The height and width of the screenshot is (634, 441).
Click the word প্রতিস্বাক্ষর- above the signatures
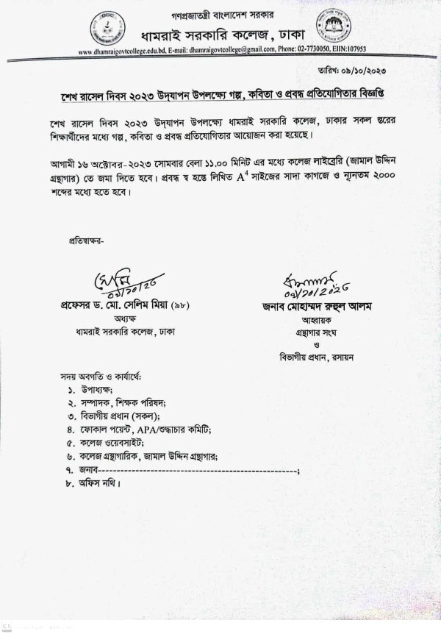pos(87,240)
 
